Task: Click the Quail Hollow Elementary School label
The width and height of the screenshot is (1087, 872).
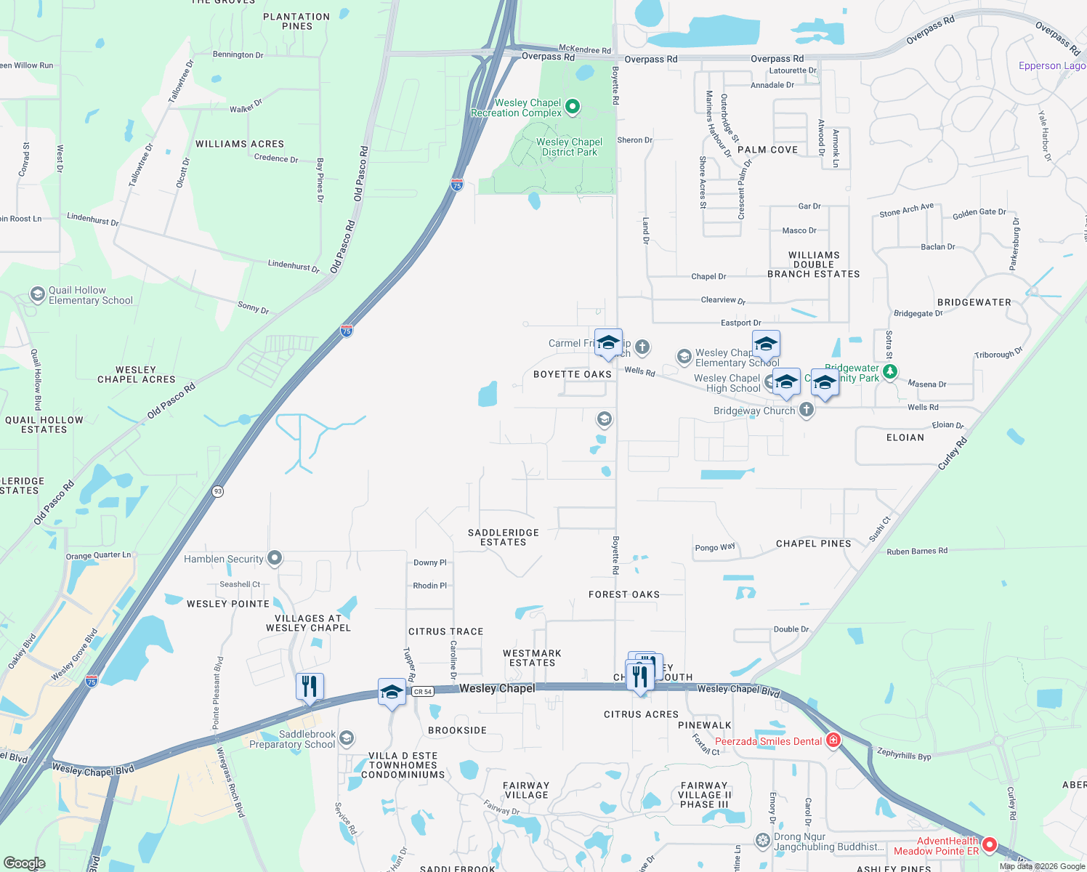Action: coord(90,295)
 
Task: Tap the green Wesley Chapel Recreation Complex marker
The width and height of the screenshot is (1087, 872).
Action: coord(573,107)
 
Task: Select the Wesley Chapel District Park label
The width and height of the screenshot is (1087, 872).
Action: coord(569,147)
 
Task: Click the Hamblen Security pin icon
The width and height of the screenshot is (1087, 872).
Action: coord(275,558)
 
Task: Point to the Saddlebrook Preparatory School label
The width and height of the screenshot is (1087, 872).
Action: coord(293,739)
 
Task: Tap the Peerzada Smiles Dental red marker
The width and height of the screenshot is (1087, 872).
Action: coord(833,740)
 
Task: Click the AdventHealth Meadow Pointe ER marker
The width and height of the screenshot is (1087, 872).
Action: coord(989,844)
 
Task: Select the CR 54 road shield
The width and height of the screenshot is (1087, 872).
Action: coord(423,691)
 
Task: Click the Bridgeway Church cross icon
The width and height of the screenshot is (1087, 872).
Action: coord(806,410)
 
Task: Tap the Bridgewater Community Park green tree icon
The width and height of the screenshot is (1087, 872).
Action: coord(891,371)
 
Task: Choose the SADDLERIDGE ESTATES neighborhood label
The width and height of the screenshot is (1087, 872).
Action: coord(503,537)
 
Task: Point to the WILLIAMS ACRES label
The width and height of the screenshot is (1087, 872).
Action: coord(240,144)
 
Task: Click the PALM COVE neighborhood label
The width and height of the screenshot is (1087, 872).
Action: coord(767,150)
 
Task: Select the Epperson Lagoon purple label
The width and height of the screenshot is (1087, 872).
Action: coord(1051,65)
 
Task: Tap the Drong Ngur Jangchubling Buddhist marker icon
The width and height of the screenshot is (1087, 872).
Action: coord(762,841)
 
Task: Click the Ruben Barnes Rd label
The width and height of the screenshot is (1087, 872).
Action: coord(917,551)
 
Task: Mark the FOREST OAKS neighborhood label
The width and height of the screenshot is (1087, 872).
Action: coord(624,594)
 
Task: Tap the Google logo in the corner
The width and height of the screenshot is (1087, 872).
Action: coord(24,863)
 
